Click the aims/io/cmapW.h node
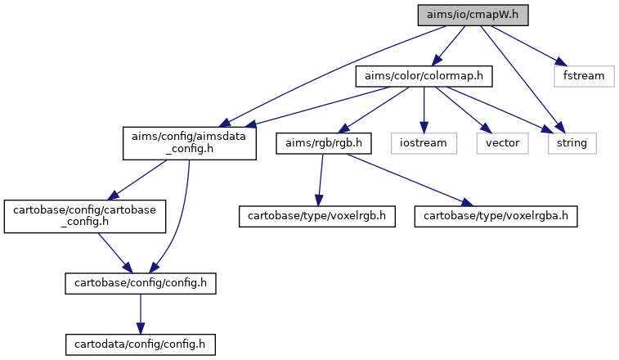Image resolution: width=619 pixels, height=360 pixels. tap(473, 16)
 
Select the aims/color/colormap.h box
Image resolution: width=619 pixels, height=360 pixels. tap(424, 76)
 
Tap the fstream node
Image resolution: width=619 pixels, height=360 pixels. tap(584, 76)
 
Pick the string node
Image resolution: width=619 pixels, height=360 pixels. tap(572, 143)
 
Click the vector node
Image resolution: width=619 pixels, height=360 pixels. tap(503, 143)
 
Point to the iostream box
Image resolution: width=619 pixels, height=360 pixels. tap(424, 143)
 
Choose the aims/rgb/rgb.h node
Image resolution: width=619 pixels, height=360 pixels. tap(324, 143)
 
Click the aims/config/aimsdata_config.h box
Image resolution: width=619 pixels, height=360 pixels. tap(190, 143)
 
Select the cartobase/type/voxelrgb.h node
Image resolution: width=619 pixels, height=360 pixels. tap(317, 217)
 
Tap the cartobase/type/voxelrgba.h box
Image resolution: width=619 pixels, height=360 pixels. tap(496, 217)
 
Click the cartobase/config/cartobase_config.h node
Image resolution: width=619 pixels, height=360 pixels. tap(85, 217)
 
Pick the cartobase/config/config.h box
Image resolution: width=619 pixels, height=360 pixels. tap(141, 283)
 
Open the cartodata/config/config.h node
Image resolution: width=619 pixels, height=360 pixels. tap(141, 344)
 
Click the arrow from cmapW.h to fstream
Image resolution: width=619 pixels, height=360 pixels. tap(529, 46)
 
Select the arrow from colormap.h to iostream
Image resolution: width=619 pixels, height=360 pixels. tap(424, 110)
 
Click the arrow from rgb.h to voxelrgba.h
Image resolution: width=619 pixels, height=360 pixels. tap(410, 180)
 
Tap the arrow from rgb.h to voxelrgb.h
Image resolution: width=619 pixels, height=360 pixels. tap(321, 180)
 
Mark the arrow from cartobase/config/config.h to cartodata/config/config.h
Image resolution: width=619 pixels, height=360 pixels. tap(141, 314)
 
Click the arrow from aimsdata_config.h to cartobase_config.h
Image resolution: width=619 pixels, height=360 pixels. tap(137, 180)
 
